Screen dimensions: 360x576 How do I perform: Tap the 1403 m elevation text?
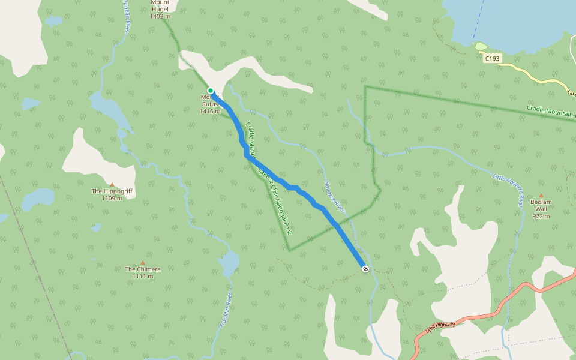[x=160, y=16]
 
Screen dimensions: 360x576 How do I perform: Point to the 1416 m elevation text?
[x=209, y=111]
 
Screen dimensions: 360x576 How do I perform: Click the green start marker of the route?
[x=211, y=91]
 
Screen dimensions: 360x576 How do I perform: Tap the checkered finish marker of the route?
[x=365, y=269]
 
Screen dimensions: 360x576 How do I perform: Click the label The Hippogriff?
[x=112, y=191]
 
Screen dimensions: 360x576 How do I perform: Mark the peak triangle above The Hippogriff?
[x=112, y=184]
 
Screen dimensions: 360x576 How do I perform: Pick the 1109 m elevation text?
[x=112, y=199]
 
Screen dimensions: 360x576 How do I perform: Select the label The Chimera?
[x=143, y=269]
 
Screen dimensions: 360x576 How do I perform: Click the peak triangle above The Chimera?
[x=143, y=262]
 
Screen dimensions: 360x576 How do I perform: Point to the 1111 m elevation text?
[x=143, y=277]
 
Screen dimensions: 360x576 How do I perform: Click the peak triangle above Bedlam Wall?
[x=541, y=196]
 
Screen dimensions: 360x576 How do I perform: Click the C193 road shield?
[x=492, y=58]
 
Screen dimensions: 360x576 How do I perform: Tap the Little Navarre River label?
[x=509, y=185]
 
